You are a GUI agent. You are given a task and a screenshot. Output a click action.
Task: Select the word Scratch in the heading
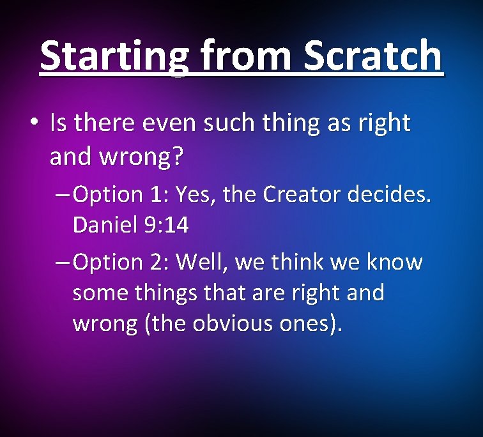372,56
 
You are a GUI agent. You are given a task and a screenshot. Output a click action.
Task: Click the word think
303,263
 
